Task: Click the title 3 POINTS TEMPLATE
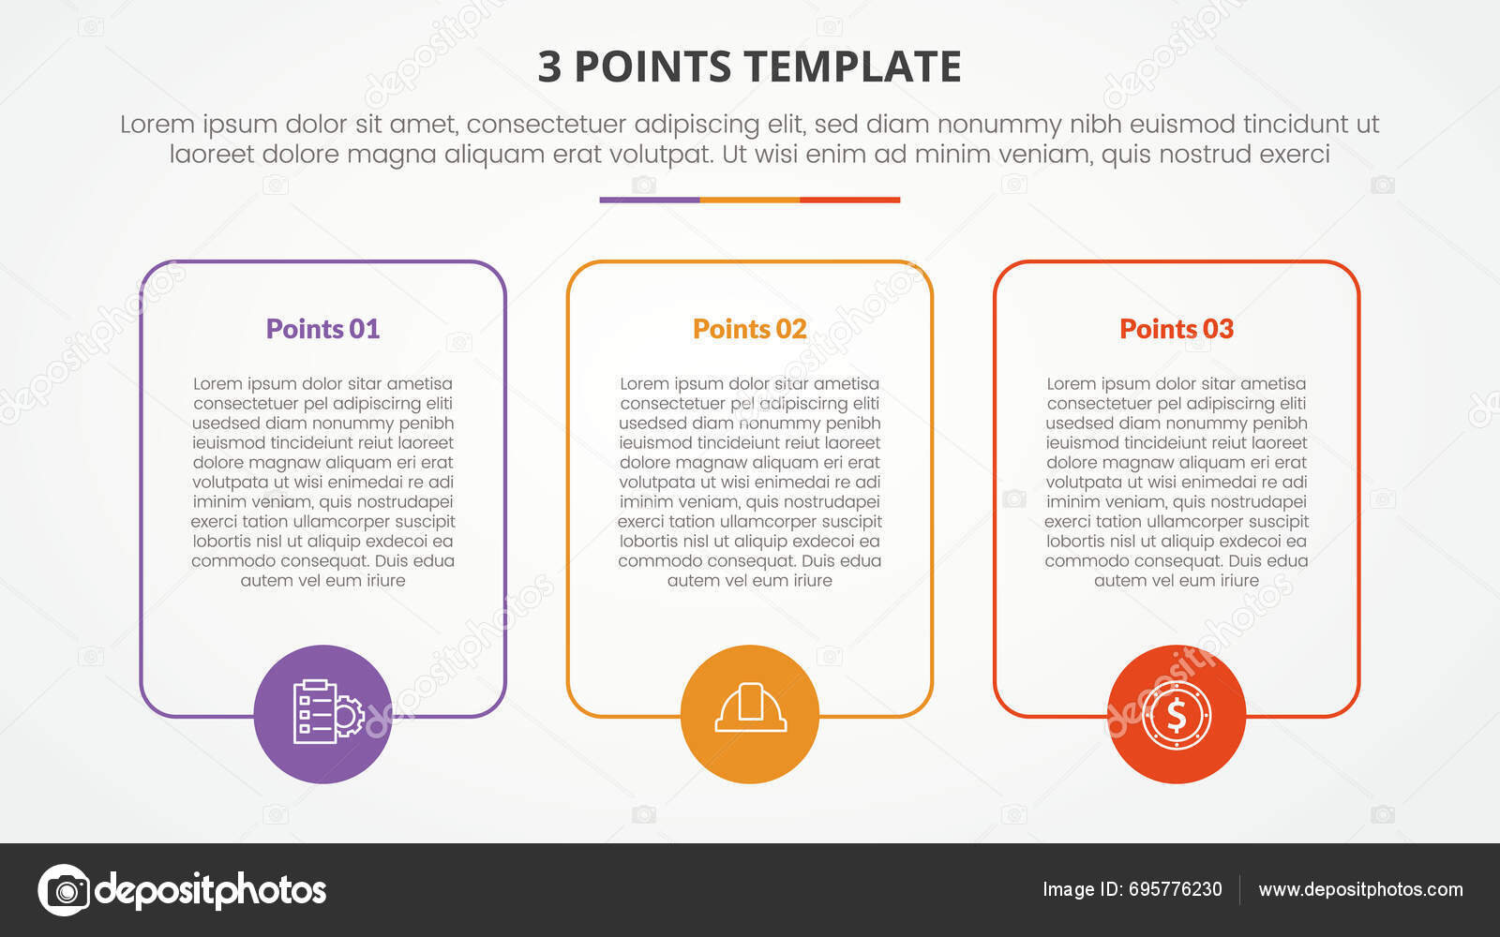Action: pos(749,67)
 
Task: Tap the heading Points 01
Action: pos(322,329)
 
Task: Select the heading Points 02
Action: pos(749,329)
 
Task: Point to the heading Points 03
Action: pos(1176,329)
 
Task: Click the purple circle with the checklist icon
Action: pos(322,714)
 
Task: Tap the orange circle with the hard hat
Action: pos(750,714)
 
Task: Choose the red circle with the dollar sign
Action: pos(1177,714)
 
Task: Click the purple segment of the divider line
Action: pos(650,200)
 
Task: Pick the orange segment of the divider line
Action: pos(750,200)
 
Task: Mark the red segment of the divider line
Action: pos(849,200)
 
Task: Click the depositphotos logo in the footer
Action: pos(182,889)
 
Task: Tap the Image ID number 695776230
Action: pos(1175,889)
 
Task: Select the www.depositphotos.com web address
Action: pos(1360,889)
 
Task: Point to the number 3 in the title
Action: pos(549,67)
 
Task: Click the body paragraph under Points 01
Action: pos(322,482)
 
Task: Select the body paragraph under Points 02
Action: pos(749,482)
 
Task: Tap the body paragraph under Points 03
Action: pos(1176,482)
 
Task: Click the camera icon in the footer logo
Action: pos(64,889)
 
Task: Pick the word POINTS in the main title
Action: pos(652,67)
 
